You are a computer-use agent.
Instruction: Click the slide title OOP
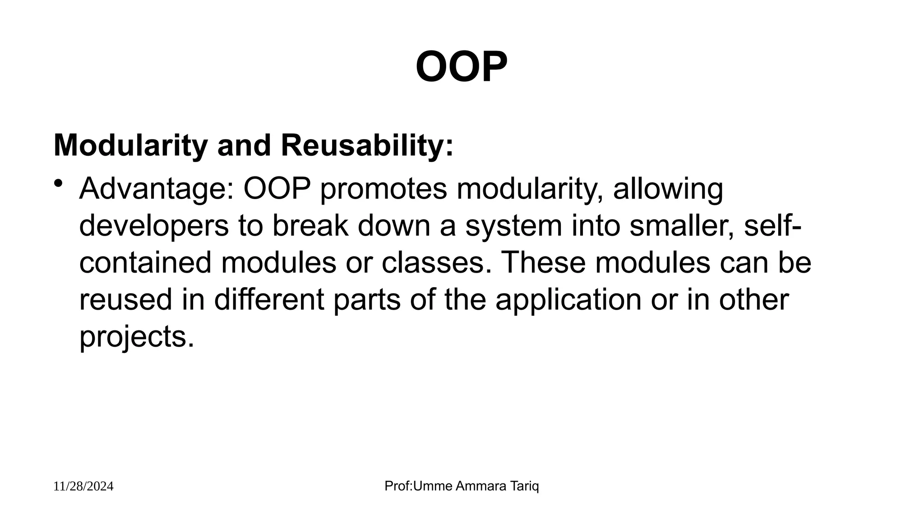click(462, 67)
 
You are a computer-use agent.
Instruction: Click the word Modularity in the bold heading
click(130, 146)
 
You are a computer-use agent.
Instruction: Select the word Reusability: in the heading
click(367, 146)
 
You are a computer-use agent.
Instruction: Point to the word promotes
click(383, 189)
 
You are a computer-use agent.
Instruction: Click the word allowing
click(668, 189)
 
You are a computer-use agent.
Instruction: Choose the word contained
click(145, 263)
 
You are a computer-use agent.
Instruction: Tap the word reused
click(126, 300)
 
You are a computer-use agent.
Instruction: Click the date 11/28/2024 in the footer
click(83, 487)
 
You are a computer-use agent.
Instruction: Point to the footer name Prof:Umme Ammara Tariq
click(462, 486)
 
